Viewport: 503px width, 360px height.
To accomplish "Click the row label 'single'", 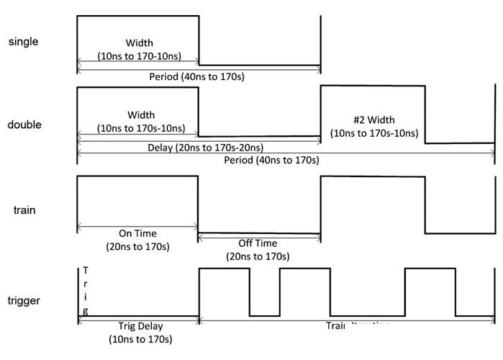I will (x=23, y=42).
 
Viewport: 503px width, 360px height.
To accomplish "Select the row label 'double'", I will (x=24, y=125).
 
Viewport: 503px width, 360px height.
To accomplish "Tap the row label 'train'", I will (x=25, y=210).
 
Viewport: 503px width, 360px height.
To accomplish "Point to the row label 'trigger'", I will (x=25, y=300).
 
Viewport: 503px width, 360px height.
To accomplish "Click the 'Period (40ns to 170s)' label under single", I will (x=197, y=76).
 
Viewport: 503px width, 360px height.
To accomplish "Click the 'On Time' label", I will (x=137, y=233).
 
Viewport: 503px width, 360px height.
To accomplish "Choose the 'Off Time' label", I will (x=257, y=243).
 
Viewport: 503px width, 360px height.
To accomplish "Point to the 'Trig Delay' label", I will (x=137, y=326).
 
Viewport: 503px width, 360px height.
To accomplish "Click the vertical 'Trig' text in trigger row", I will (x=86, y=291).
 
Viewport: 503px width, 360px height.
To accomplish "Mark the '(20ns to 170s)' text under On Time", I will (x=137, y=246).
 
